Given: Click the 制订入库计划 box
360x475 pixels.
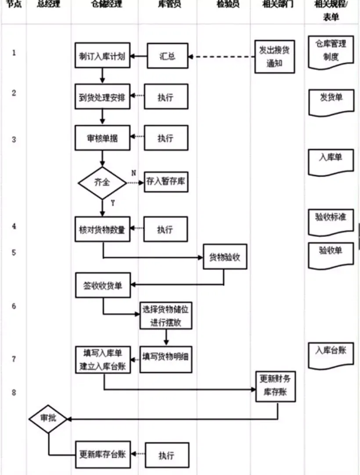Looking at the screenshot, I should pos(102,56).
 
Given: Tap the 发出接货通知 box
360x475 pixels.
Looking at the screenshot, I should pos(275,56).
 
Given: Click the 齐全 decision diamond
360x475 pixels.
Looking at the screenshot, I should pos(102,182).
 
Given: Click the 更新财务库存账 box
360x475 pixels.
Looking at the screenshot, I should pos(276,386).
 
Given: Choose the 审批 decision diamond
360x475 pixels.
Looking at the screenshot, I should pos(48,418).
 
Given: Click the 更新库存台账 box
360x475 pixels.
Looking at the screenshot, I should pos(103,454).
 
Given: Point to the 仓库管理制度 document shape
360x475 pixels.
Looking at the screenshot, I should pos(331,51).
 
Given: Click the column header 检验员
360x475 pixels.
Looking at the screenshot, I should pos(228,5).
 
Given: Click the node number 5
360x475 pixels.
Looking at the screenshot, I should pos(14,253).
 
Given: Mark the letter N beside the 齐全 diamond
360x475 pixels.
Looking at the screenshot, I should pos(133,173).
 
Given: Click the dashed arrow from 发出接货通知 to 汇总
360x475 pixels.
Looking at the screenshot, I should pos(222,56).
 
